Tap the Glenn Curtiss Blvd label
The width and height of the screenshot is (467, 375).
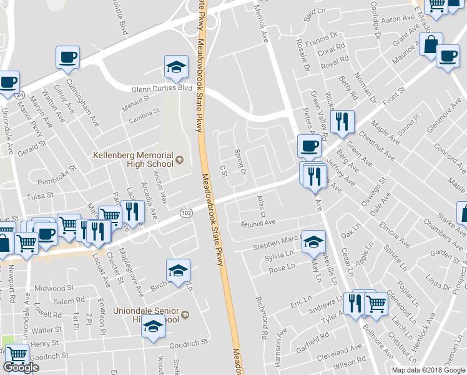click(161, 88)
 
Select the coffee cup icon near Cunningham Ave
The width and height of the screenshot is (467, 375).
click(68, 57)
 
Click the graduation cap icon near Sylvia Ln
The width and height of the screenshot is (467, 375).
click(313, 241)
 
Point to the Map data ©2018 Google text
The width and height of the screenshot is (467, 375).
click(428, 370)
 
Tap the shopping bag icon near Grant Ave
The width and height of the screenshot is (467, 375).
click(431, 44)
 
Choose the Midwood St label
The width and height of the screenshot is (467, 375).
click(54, 288)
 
